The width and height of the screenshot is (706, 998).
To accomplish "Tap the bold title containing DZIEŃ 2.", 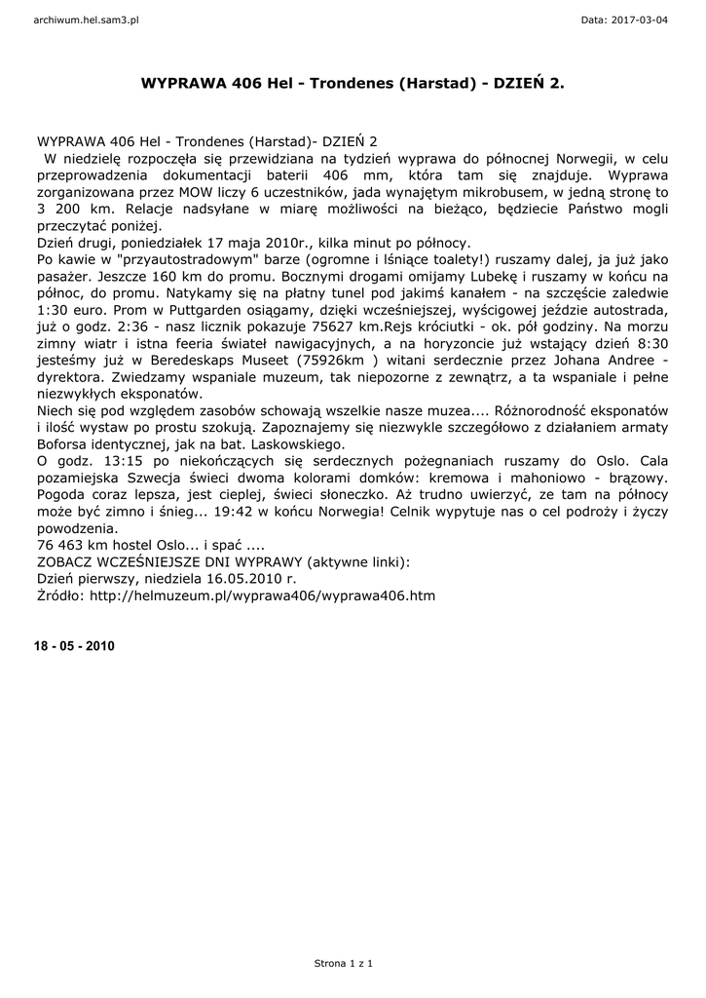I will click(x=353, y=85).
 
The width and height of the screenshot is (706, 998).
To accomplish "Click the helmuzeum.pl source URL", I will click(x=264, y=594).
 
